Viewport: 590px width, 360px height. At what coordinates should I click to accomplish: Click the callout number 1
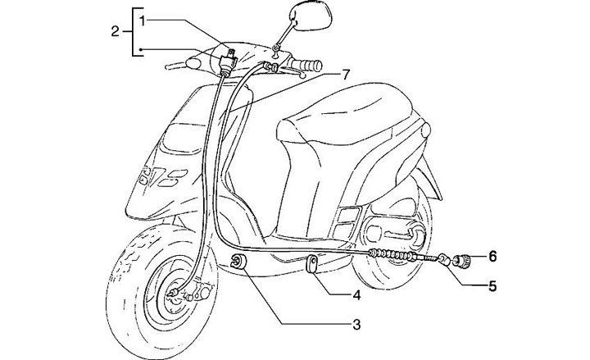pos(143,19)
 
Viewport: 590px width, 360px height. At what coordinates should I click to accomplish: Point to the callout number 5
pos(493,287)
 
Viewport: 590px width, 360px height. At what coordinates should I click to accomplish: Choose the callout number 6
pos(493,257)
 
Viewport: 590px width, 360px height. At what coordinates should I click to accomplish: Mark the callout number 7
pos(346,75)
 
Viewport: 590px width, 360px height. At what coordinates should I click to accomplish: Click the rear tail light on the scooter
pos(423,132)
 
